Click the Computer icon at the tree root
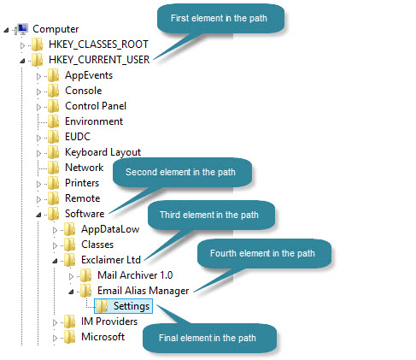[x=21, y=29]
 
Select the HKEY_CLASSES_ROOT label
[x=98, y=44]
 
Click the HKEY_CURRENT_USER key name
[x=99, y=60]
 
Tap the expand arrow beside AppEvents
[x=38, y=76]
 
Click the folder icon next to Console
[x=53, y=91]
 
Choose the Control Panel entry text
[x=96, y=106]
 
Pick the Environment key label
[x=94, y=121]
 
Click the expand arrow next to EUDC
[x=38, y=138]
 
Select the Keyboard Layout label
[x=103, y=152]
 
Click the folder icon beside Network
[x=53, y=168]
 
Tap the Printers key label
[x=82, y=183]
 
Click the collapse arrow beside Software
[x=38, y=215]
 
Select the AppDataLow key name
[x=110, y=229]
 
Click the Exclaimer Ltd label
[x=111, y=260]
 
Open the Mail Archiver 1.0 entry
[x=135, y=275]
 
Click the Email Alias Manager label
[x=144, y=291]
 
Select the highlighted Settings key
[x=123, y=306]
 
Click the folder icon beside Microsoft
[x=69, y=337]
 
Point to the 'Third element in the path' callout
[x=211, y=215]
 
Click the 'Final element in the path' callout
[x=209, y=338]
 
